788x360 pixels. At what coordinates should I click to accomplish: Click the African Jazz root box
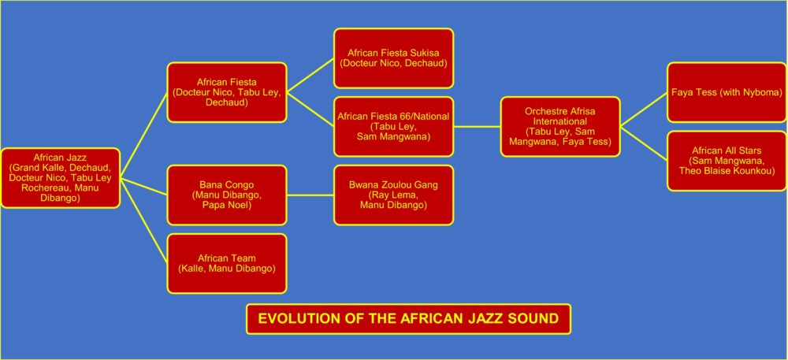(61, 178)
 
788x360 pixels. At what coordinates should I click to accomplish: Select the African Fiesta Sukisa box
(393, 58)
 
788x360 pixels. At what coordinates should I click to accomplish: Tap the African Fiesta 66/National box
(393, 127)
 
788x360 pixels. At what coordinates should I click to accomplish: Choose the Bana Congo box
(227, 195)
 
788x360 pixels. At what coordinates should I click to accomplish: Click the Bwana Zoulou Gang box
(393, 195)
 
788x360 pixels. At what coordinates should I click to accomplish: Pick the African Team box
(227, 264)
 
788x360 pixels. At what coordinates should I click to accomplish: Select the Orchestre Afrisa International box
(560, 127)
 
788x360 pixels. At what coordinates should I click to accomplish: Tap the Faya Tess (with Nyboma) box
(727, 92)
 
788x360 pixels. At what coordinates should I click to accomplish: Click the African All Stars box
(727, 161)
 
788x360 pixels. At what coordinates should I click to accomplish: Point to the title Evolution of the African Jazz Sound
(408, 319)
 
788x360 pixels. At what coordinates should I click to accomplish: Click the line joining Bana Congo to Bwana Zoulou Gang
(310, 195)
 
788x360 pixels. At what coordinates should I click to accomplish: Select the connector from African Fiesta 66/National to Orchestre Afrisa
(477, 127)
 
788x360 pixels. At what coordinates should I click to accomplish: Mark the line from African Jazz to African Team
(143, 221)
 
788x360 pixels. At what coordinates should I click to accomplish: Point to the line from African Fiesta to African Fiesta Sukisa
(310, 76)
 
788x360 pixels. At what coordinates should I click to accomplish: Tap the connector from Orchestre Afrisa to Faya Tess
(644, 109)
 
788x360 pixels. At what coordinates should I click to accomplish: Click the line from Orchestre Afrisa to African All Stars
(644, 143)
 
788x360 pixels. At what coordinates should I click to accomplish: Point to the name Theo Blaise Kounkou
(727, 171)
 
